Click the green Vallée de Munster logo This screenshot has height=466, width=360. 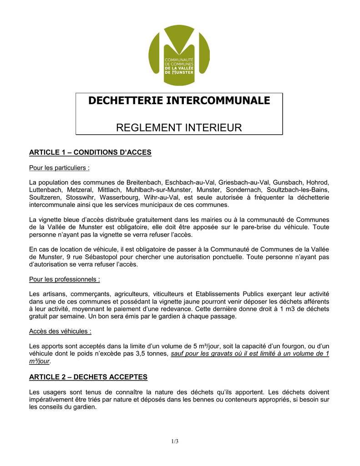click(179, 55)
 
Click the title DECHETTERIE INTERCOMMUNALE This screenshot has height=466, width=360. click(179, 101)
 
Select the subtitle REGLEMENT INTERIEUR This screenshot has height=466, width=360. click(179, 128)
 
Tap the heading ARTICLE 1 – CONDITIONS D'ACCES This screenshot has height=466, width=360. click(90, 152)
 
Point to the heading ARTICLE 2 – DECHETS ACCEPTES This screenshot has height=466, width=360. click(88, 377)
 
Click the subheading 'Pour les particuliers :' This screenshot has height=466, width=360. click(59, 168)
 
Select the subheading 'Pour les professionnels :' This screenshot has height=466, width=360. click(65, 279)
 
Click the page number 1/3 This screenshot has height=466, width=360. click(175, 441)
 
